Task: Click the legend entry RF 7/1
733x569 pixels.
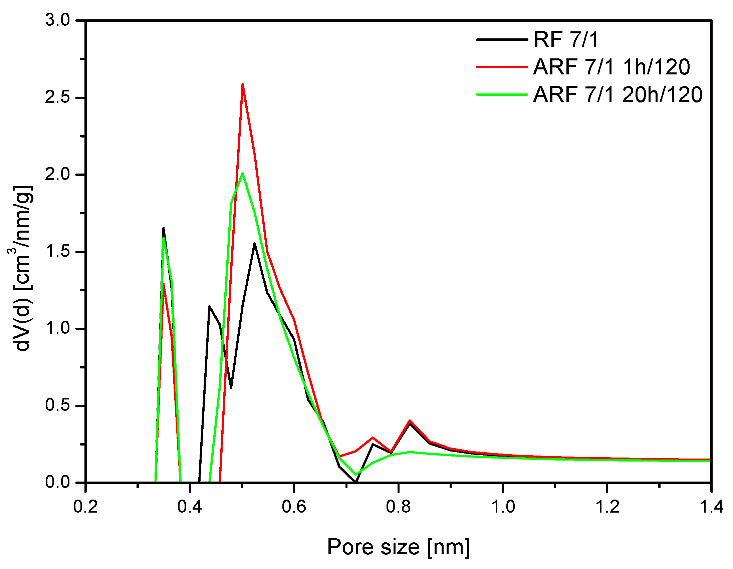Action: pos(566,40)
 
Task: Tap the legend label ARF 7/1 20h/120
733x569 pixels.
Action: pos(618,94)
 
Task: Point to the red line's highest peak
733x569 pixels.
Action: pos(242,84)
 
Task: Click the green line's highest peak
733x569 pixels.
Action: pos(242,173)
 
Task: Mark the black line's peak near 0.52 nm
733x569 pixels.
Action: pos(255,243)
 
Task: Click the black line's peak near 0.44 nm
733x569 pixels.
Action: pos(209,306)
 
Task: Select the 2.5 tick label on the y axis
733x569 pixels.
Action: pos(57,98)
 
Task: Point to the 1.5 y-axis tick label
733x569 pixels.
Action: pos(57,252)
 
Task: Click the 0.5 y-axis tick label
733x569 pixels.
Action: pos(57,405)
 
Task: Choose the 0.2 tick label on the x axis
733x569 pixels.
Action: pos(85,507)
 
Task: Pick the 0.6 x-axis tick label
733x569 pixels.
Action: pos(294,507)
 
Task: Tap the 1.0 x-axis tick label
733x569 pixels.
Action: pos(503,507)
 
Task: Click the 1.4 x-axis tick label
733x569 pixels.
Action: pos(711,507)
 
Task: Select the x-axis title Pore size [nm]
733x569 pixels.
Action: pos(399,547)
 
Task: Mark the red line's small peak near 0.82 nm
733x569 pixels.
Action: pos(410,420)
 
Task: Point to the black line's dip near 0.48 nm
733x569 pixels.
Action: pos(231,388)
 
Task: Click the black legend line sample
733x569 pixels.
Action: pos(502,40)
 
